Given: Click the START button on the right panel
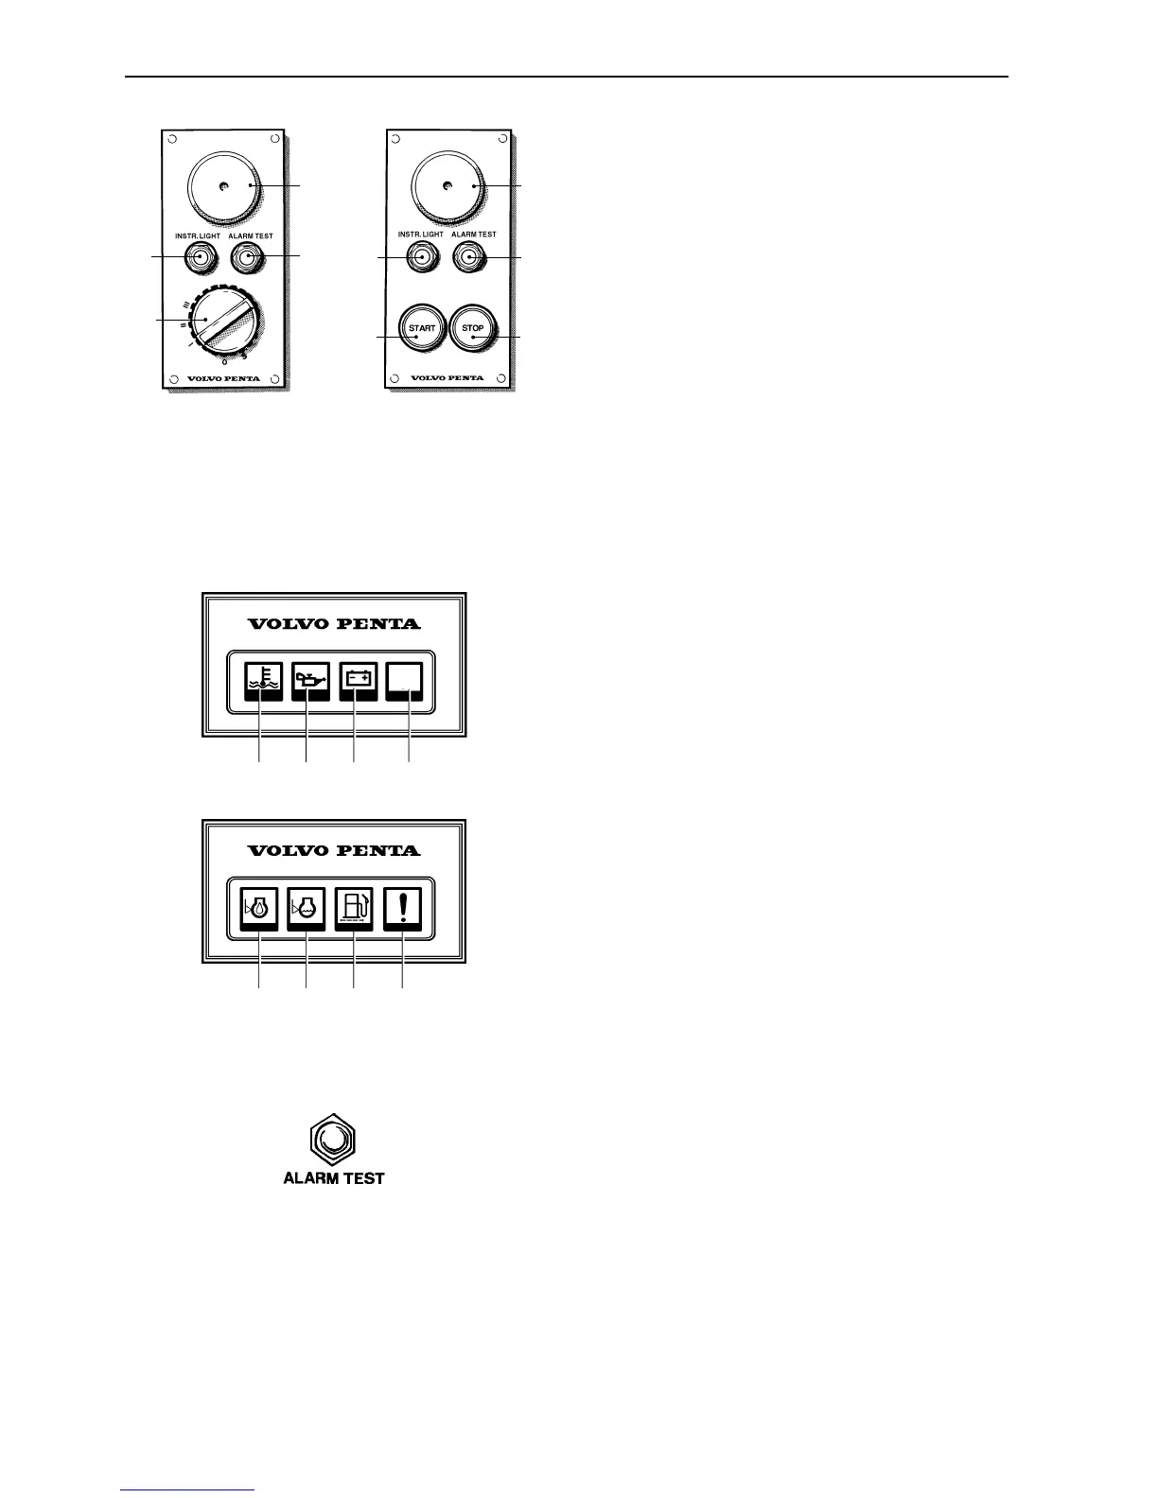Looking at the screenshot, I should [x=422, y=328].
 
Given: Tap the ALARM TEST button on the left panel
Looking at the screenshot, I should [x=248, y=256].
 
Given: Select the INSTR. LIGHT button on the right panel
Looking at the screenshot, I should [x=421, y=255].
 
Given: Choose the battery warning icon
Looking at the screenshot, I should [x=358, y=681].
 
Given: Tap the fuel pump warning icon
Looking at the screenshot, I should [x=354, y=909].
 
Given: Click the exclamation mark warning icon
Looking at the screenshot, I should [x=403, y=909].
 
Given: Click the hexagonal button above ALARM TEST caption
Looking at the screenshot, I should [x=333, y=1140].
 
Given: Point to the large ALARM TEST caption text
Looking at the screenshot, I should [x=334, y=1178].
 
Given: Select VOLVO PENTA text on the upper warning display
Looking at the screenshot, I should [x=334, y=624].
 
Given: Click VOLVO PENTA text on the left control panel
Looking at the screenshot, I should [x=223, y=378].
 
